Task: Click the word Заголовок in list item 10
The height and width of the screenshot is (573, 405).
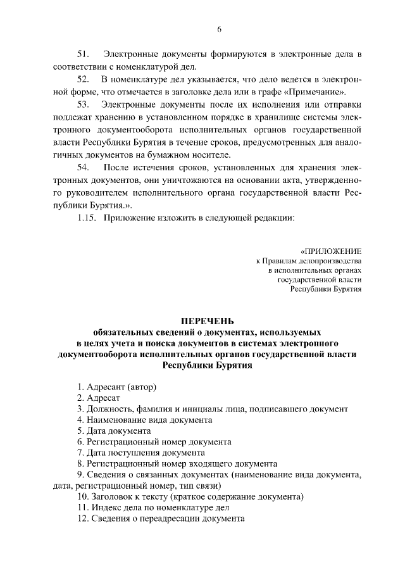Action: [x=114, y=496]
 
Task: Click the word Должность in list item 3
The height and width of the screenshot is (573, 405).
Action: [x=108, y=408]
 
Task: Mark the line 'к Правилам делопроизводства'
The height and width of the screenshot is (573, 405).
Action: [x=308, y=261]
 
